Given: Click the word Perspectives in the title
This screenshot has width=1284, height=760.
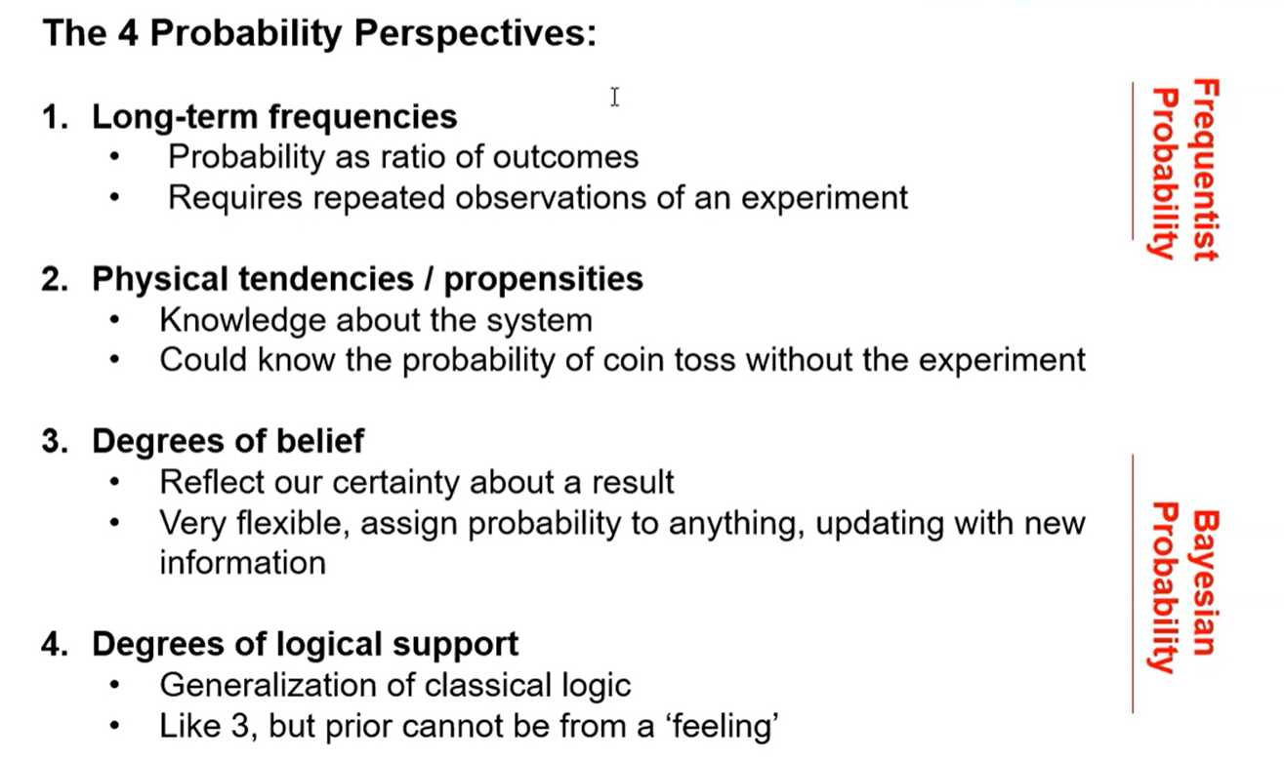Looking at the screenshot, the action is (x=476, y=33).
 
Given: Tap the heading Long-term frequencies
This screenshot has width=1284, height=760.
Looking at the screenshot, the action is (x=274, y=117).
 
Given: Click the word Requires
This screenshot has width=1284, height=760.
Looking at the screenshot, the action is (x=235, y=199).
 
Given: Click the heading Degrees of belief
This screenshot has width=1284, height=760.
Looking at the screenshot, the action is (x=228, y=441).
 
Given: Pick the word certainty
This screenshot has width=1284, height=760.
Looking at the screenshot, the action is (x=396, y=482).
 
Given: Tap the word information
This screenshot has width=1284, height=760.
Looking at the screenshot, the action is (x=243, y=562).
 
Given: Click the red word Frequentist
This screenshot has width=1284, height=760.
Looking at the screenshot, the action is (x=1205, y=170).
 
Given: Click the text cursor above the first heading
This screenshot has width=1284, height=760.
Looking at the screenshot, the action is (x=614, y=97).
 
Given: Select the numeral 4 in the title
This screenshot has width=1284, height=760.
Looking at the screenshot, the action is (x=129, y=32).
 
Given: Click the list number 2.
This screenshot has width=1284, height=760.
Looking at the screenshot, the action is (x=55, y=280).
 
